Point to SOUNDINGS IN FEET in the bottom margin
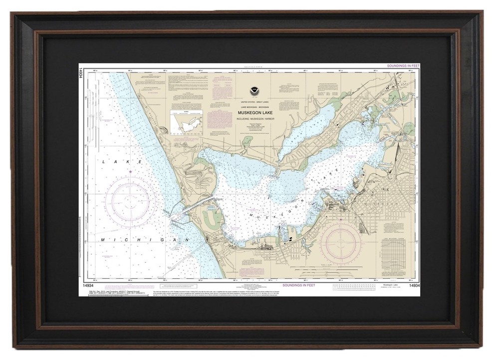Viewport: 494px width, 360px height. tap(298, 285)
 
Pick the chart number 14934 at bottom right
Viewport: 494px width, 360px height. tap(414, 285)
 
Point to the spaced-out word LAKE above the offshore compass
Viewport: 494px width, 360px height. tap(123, 162)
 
